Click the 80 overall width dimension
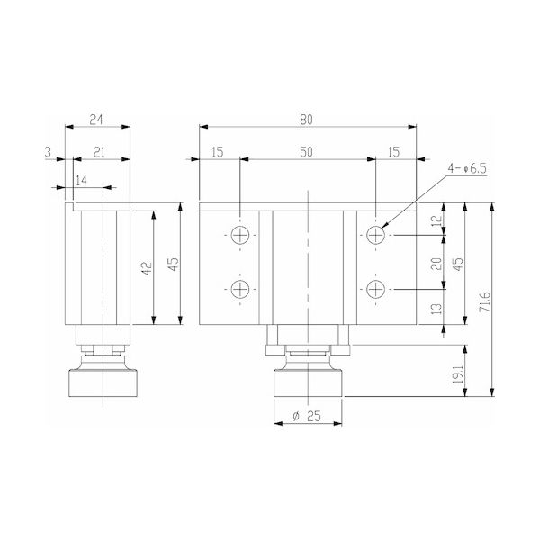click(306, 120)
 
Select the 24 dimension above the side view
click(96, 120)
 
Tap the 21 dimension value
click(99, 152)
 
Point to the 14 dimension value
click(82, 181)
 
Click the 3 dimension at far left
click(48, 152)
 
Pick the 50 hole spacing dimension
click(306, 152)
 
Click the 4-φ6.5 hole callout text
click(466, 168)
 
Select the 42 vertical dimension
click(147, 268)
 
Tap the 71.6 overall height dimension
click(485, 301)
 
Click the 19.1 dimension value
click(458, 374)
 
